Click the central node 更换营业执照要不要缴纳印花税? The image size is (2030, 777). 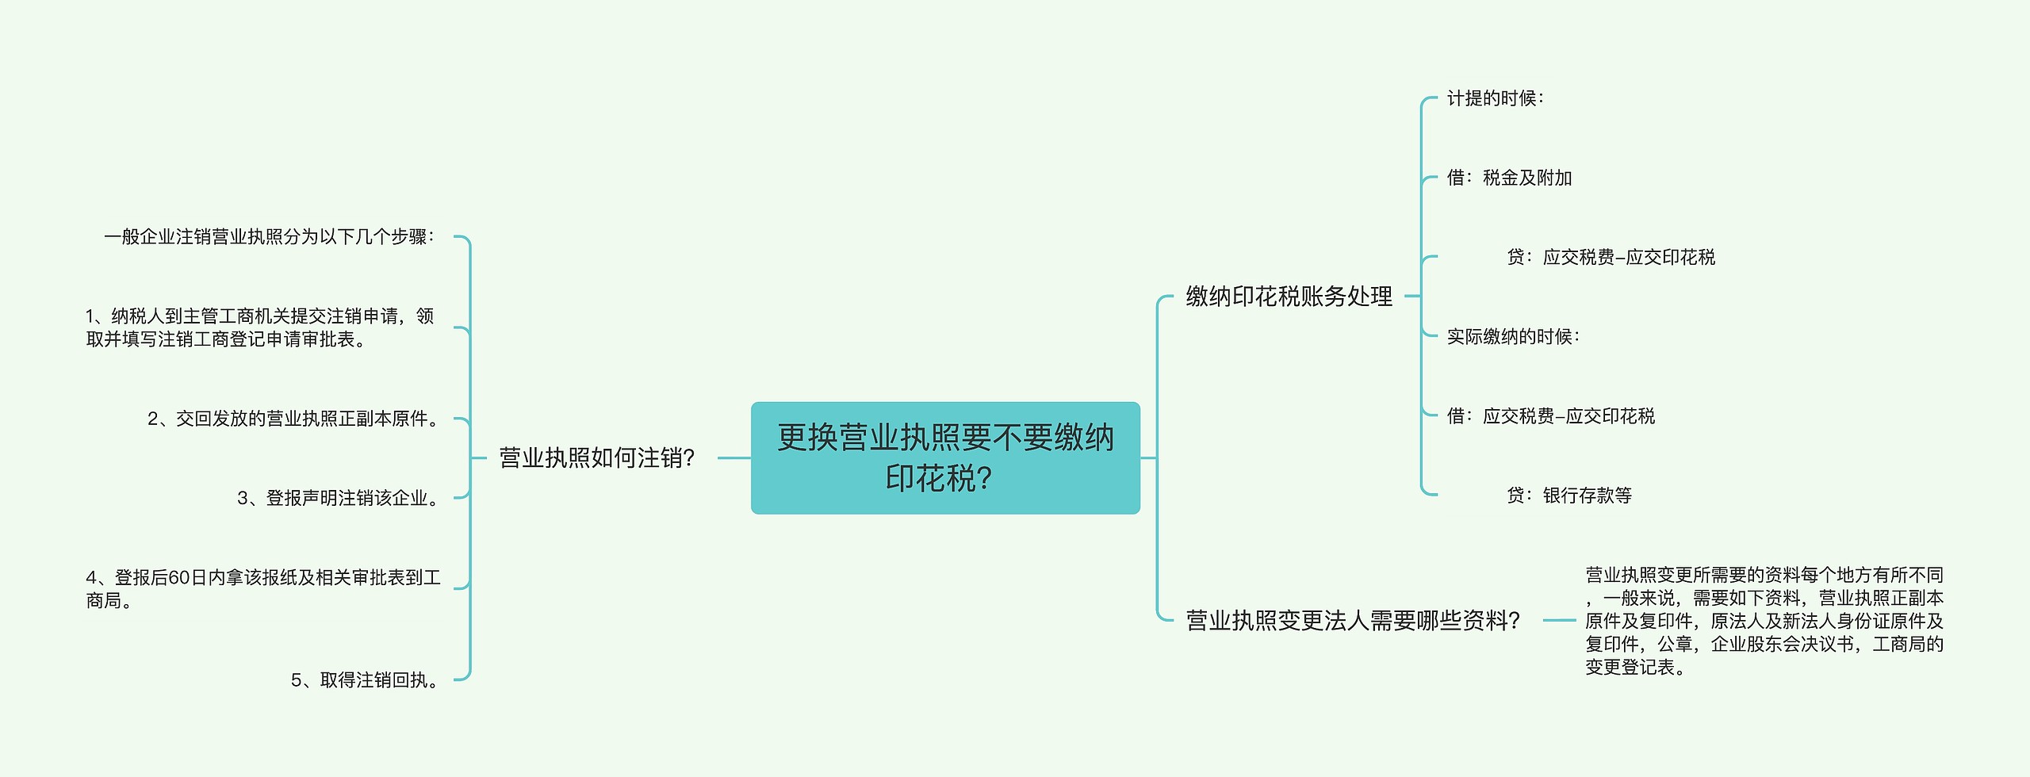[x=945, y=457]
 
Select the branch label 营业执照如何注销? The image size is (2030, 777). [x=596, y=457]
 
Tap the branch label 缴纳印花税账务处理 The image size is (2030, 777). [x=1289, y=297]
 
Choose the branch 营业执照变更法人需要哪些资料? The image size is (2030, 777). [x=1352, y=620]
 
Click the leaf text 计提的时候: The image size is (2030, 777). [x=1495, y=98]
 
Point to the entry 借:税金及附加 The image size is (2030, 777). [x=1509, y=178]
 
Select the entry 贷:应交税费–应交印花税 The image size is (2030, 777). [x=1611, y=257]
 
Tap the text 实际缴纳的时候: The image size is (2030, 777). [x=1513, y=337]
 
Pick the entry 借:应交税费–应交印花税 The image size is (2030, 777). [x=1550, y=416]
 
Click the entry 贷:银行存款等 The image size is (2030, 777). [x=1569, y=496]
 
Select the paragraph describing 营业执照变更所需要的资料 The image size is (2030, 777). [x=1764, y=621]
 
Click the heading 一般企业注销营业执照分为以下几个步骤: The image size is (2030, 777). [x=270, y=237]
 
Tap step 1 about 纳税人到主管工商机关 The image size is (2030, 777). [x=259, y=327]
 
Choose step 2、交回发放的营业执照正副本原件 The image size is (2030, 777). [x=293, y=419]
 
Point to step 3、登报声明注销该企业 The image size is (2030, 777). [x=339, y=498]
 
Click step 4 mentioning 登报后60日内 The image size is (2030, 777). [x=262, y=588]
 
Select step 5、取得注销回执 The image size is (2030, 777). [x=366, y=680]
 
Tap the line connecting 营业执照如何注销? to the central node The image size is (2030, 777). [x=733, y=457]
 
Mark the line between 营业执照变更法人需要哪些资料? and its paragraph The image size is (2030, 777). [x=1559, y=620]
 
